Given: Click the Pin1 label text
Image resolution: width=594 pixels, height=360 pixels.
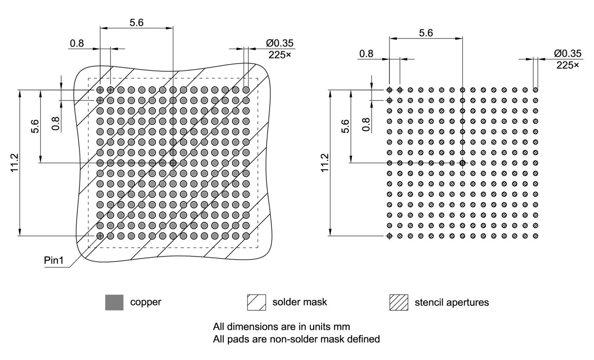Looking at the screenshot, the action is click(53, 260).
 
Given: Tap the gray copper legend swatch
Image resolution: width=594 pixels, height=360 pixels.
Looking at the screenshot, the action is click(114, 302).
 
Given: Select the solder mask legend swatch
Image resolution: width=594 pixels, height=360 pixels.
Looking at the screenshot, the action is click(257, 302).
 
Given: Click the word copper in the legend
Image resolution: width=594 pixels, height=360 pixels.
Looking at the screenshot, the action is click(146, 302).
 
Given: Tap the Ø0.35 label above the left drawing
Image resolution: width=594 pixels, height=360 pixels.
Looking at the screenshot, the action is click(280, 43).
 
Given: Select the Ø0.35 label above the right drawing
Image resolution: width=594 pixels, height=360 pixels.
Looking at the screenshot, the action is click(568, 54).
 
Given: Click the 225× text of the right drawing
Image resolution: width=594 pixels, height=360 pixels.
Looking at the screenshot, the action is click(568, 65).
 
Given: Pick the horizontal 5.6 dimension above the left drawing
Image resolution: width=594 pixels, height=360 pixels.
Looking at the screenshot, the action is click(136, 22).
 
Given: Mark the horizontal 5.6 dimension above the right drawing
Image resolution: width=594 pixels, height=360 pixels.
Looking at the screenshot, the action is click(426, 33).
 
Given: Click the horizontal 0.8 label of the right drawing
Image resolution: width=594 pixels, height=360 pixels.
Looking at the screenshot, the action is click(366, 53).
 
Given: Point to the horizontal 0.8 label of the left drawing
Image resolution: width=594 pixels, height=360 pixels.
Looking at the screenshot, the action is click(77, 44).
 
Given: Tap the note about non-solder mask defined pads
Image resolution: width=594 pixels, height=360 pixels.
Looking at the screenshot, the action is click(296, 339).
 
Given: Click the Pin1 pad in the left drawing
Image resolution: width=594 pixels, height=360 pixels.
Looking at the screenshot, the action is click(100, 236).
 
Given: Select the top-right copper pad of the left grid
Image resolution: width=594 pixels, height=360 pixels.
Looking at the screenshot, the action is click(246, 90).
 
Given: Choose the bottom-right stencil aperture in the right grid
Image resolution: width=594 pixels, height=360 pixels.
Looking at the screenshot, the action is click(536, 236).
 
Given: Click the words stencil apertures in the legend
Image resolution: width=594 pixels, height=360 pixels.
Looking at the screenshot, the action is click(452, 302).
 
